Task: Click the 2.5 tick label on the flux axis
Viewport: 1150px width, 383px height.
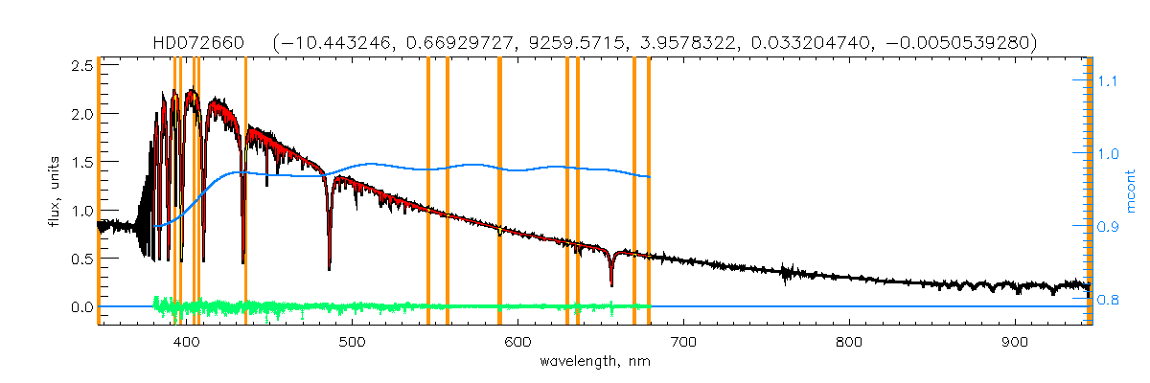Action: coord(81,65)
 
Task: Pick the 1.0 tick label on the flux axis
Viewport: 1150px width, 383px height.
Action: coord(81,211)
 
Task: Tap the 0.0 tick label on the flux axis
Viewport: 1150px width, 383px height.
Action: coord(81,307)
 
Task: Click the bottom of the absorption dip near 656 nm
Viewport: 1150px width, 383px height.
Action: coord(611,284)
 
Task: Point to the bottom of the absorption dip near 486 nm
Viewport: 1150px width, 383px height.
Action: coord(330,269)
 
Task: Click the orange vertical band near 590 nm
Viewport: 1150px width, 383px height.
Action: coord(499,191)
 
